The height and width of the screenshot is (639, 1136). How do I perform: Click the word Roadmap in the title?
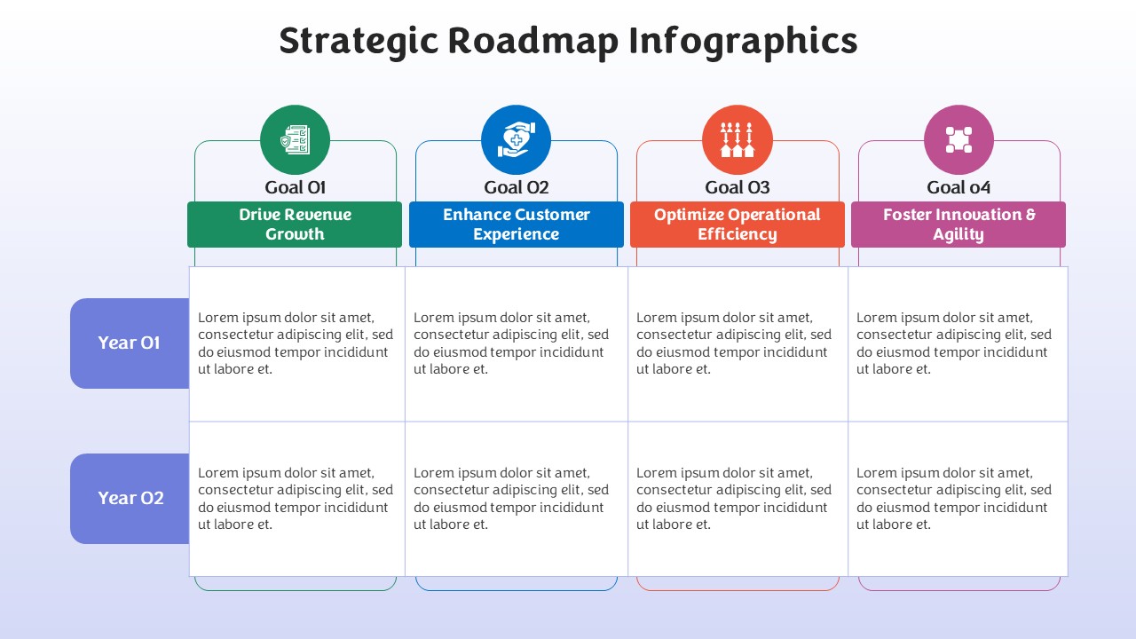(533, 42)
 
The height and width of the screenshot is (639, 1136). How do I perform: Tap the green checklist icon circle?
(296, 140)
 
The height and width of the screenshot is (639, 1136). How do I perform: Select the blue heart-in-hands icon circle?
(516, 140)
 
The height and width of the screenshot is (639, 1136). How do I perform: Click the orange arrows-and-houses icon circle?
(738, 140)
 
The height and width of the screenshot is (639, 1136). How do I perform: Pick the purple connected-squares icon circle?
(958, 140)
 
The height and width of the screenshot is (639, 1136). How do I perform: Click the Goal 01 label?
(296, 187)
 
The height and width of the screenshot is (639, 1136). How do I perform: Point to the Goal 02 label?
(517, 187)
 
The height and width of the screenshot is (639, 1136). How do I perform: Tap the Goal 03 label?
(738, 187)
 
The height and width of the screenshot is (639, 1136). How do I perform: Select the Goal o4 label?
(958, 187)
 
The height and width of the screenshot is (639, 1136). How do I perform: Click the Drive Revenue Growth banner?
(295, 225)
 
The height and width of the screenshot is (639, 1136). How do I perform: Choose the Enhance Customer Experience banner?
(517, 225)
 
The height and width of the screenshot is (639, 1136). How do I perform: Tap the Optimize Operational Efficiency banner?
(738, 225)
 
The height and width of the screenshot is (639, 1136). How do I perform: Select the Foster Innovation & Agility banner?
(958, 225)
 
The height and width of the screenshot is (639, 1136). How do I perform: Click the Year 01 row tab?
(130, 343)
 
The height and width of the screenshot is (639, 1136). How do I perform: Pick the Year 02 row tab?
(130, 499)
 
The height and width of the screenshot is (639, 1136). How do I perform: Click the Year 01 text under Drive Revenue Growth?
(296, 343)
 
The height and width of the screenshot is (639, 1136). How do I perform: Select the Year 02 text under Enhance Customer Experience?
(511, 499)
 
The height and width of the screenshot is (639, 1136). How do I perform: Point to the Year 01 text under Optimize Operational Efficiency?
(734, 343)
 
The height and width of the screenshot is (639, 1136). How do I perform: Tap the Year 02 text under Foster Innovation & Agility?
(954, 499)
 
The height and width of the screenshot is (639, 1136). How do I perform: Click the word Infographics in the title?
(744, 42)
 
